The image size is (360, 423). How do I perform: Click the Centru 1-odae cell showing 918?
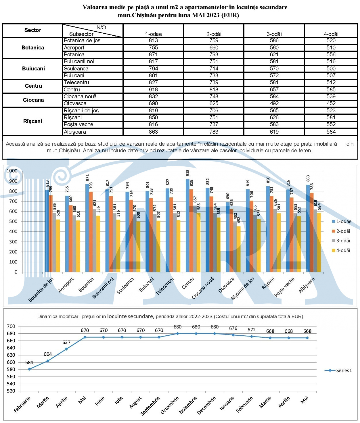click(153, 89)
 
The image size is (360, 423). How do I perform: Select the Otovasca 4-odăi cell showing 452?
click(331, 103)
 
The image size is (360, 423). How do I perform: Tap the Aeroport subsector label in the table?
click(74, 48)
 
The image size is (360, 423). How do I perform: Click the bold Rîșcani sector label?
click(33, 121)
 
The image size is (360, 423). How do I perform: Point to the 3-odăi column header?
click(274, 34)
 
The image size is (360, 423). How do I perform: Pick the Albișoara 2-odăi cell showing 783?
click(214, 132)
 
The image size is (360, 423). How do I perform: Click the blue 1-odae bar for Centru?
click(187, 226)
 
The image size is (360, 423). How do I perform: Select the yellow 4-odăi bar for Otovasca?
click(239, 249)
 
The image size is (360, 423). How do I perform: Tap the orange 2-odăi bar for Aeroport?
click(71, 239)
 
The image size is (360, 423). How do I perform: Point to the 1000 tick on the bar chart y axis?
click(12, 171)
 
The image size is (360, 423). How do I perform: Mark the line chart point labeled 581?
click(29, 369)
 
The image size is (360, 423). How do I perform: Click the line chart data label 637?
click(66, 342)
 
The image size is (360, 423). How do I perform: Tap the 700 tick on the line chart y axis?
click(11, 326)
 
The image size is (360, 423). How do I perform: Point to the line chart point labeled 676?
click(233, 335)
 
